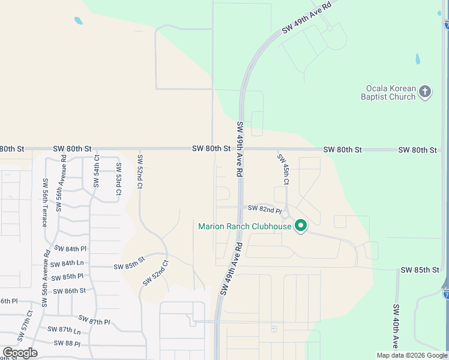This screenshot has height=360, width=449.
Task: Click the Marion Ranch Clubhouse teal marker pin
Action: point(301,226)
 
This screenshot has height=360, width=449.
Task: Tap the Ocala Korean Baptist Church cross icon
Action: point(425,92)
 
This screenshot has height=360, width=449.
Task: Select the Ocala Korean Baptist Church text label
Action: point(388,92)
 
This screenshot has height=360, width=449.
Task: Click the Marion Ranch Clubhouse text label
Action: point(245,226)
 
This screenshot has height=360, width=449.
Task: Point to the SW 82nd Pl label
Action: point(265,210)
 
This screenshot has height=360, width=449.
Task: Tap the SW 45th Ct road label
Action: point(283,169)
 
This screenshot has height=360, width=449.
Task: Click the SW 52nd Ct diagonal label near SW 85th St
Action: point(156,272)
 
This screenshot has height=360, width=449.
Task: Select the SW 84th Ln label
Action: point(67,263)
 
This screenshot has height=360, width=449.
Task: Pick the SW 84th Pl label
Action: point(70,248)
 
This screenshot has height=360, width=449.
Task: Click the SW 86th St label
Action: point(70,291)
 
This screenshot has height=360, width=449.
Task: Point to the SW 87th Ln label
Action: point(65,331)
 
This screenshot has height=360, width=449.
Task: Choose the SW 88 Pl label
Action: point(67,343)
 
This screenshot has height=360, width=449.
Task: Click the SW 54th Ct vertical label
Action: point(96,173)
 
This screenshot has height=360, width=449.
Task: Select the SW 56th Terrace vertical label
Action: point(44,202)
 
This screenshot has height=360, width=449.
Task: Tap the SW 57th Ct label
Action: point(28,325)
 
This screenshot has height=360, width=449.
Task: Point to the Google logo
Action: point(20,353)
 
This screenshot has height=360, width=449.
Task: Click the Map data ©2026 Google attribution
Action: point(412,355)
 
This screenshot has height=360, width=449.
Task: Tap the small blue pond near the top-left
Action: point(78,21)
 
